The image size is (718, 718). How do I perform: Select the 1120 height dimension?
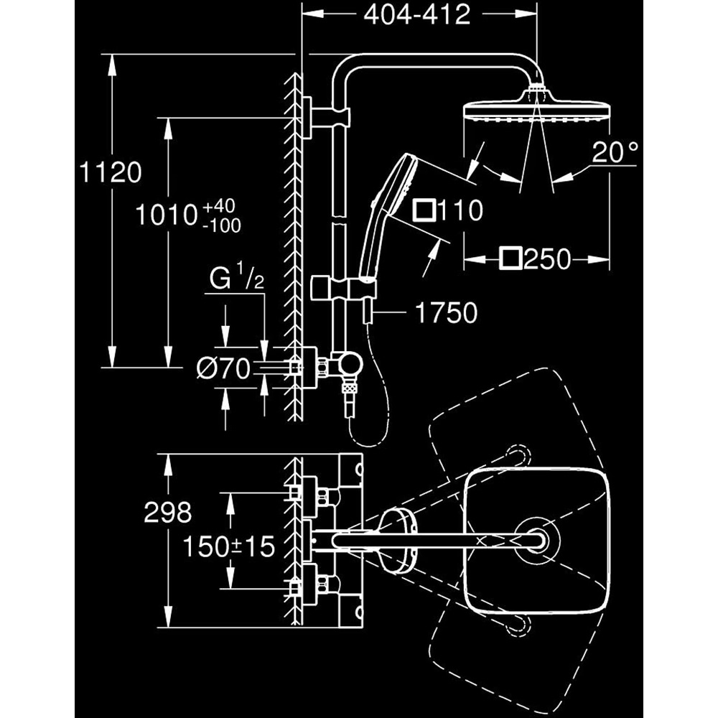click(x=111, y=173)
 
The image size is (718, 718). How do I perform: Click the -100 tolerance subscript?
click(x=222, y=225)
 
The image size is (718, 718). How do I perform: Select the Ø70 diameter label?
click(x=223, y=369)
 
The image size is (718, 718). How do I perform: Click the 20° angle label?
click(x=615, y=151)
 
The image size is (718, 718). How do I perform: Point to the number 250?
click(x=546, y=258)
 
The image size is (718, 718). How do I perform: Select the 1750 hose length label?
click(x=446, y=312)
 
